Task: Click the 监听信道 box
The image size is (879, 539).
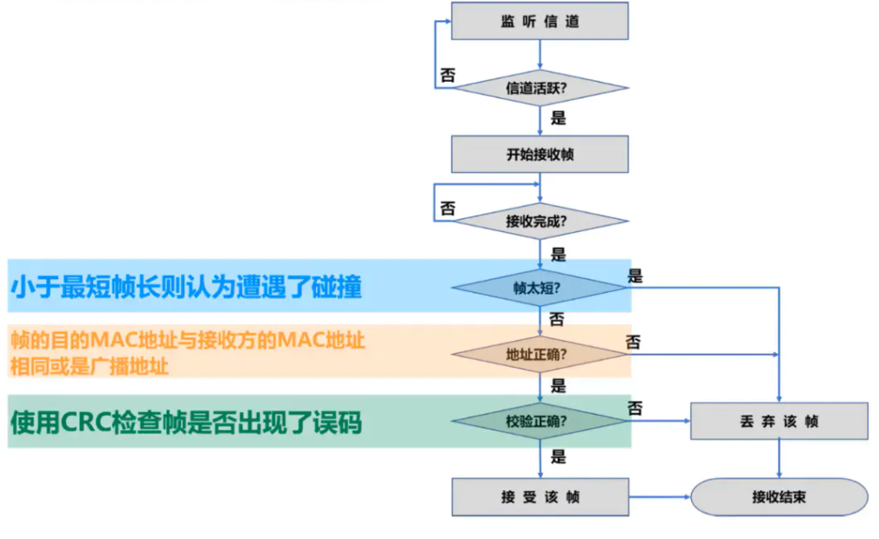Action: point(540,21)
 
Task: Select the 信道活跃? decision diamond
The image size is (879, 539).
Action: point(540,88)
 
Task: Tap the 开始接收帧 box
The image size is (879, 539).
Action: point(540,155)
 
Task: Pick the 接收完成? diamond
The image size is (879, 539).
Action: point(540,221)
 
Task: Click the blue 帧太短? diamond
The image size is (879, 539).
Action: point(540,288)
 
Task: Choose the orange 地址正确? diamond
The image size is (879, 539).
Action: point(540,355)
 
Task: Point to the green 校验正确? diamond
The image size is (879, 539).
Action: point(540,422)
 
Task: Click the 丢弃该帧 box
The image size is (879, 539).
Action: point(779,422)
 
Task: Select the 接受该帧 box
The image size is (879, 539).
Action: point(540,497)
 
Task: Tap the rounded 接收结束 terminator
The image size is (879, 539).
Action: point(779,497)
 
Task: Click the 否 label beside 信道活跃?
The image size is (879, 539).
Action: point(447,76)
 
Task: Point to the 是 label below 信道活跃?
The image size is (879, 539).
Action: point(559,118)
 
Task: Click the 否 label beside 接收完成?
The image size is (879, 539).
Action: point(447,209)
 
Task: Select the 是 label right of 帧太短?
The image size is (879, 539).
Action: point(635,276)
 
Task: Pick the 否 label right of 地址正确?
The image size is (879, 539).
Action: point(634,343)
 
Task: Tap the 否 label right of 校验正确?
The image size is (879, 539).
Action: point(635,408)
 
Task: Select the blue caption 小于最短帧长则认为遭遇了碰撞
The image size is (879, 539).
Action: point(185,288)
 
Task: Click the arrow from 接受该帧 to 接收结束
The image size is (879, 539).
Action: point(659,497)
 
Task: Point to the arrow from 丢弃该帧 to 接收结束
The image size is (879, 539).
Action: point(779,458)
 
